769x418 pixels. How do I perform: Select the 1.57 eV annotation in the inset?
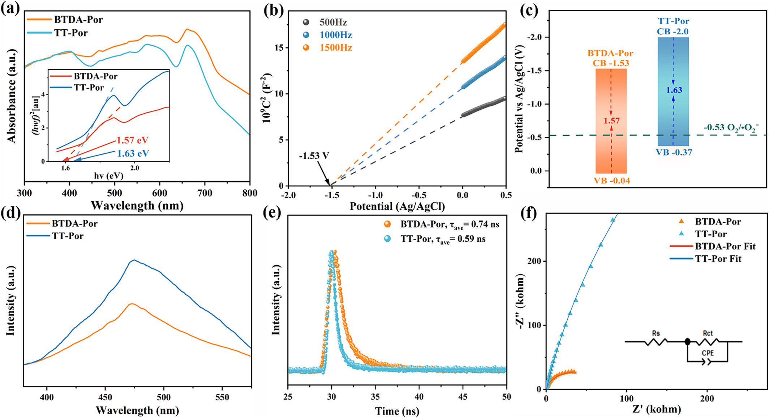coord(132,140)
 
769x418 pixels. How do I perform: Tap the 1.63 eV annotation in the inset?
coord(133,153)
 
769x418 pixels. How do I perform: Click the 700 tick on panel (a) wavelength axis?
coord(205,193)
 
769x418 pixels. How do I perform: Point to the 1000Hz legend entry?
coord(335,35)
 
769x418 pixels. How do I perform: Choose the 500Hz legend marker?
coord(306,22)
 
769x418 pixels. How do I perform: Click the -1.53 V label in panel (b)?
coord(314,156)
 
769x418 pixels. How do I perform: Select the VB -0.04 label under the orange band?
coord(612,181)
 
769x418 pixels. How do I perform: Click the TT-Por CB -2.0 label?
coord(673,26)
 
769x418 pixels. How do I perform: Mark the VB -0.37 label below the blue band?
coord(674,152)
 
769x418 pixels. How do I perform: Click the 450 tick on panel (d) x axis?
coord(105,397)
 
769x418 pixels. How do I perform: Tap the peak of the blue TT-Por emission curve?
coord(134,260)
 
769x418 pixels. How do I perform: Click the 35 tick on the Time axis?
coord(375,397)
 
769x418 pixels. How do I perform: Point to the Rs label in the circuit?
coord(656,333)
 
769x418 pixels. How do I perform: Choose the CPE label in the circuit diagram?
coord(708,353)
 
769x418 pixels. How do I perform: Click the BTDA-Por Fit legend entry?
coord(725,246)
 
